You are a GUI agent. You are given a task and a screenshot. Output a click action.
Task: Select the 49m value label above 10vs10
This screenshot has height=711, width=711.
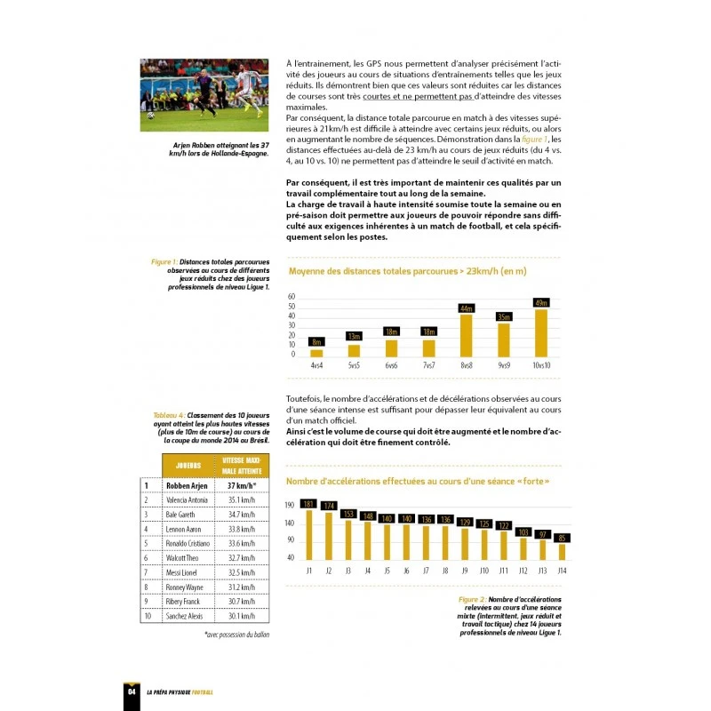541,303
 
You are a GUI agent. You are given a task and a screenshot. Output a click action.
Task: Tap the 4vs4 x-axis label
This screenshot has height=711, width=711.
316,364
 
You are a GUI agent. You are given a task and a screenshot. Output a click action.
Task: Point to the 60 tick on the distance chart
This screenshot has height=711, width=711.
291,296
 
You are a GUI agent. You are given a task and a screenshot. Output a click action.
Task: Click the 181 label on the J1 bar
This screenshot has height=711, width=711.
308,504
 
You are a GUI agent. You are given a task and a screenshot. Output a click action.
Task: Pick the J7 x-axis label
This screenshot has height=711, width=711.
425,570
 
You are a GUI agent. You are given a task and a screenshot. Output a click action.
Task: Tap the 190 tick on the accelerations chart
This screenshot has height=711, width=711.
290,505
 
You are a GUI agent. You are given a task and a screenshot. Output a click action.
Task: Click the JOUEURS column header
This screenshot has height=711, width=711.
188,465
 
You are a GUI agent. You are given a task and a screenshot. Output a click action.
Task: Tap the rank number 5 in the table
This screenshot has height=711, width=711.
147,543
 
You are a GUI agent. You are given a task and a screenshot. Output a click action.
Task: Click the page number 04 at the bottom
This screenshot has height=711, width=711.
132,691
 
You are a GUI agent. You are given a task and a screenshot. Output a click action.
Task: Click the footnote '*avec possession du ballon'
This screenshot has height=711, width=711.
236,635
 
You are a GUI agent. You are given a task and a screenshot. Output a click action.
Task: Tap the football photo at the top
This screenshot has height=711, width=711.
204,89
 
